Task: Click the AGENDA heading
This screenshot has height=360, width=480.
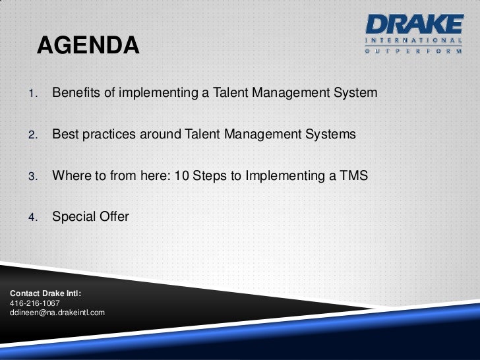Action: pos(88,45)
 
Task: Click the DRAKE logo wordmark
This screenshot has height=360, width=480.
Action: pos(415,24)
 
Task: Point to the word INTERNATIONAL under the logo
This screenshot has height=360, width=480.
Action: pos(413,40)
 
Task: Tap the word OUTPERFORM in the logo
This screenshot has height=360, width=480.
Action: pos(413,51)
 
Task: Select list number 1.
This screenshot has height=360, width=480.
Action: pos(33,93)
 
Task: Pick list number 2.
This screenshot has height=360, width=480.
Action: pos(33,135)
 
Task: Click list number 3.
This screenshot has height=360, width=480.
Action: pos(33,176)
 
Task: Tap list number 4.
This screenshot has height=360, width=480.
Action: pos(33,218)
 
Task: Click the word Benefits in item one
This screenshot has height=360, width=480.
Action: pos(76,92)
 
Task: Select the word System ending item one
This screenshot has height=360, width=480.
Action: pos(355,93)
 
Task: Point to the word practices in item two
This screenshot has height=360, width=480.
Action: pos(109,135)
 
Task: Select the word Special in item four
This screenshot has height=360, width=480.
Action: pos(71,217)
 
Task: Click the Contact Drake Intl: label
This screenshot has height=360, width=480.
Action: pos(45,293)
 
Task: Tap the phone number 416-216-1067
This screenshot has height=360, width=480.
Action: pos(34,303)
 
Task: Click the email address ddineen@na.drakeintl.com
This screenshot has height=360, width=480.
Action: pos(57,313)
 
